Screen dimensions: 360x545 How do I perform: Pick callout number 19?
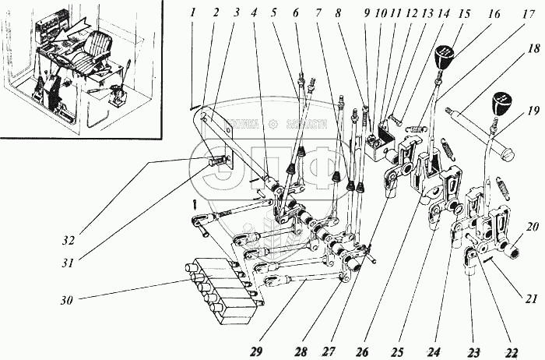(x=533, y=110)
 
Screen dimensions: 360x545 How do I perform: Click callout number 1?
(x=192, y=12)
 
